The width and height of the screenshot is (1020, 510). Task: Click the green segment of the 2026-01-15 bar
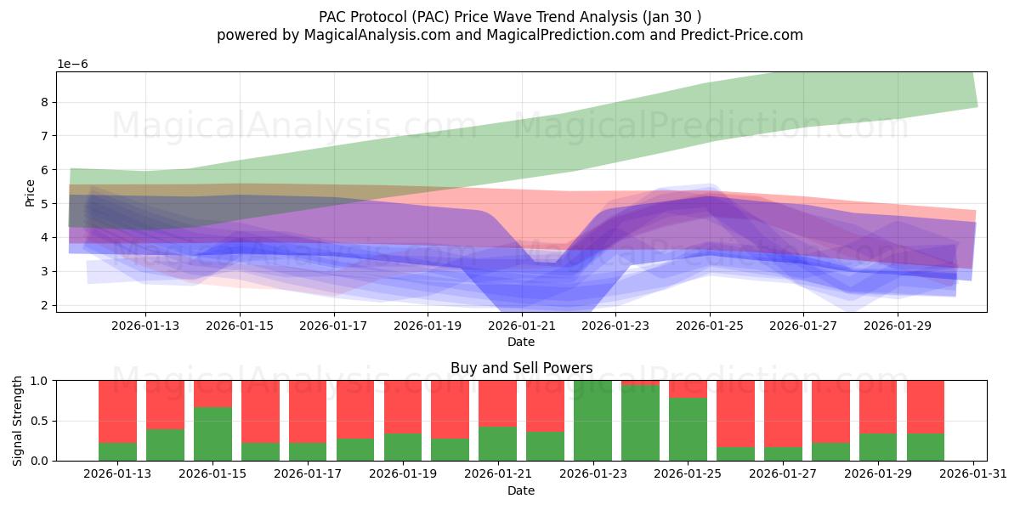pyautogui.click(x=212, y=433)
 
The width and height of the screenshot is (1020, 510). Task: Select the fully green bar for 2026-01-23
pyautogui.click(x=592, y=421)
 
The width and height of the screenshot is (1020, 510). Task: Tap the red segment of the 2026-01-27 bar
pyautogui.click(x=783, y=413)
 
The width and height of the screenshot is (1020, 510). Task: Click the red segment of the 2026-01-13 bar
pyautogui.click(x=117, y=411)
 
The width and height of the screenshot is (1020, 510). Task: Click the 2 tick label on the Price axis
pyautogui.click(x=44, y=305)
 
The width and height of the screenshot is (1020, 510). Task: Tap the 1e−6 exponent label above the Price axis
pyautogui.click(x=72, y=65)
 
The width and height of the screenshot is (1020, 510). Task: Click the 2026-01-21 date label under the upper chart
pyautogui.click(x=521, y=325)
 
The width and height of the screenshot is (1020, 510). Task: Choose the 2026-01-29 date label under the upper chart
pyautogui.click(x=898, y=325)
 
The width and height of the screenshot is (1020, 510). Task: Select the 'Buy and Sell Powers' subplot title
pyautogui.click(x=521, y=368)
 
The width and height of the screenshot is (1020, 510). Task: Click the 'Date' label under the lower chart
pyautogui.click(x=521, y=490)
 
